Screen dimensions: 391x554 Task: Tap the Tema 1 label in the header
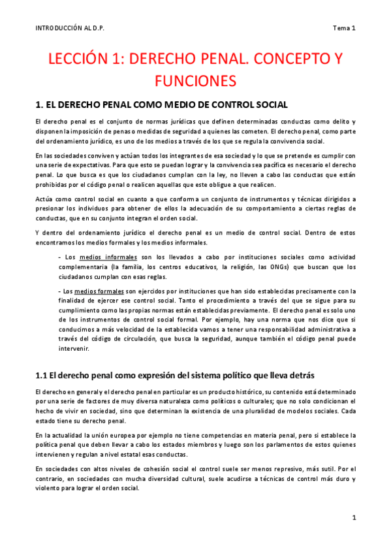343,27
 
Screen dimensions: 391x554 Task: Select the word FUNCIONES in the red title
195,81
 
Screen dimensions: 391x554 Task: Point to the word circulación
134,339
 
